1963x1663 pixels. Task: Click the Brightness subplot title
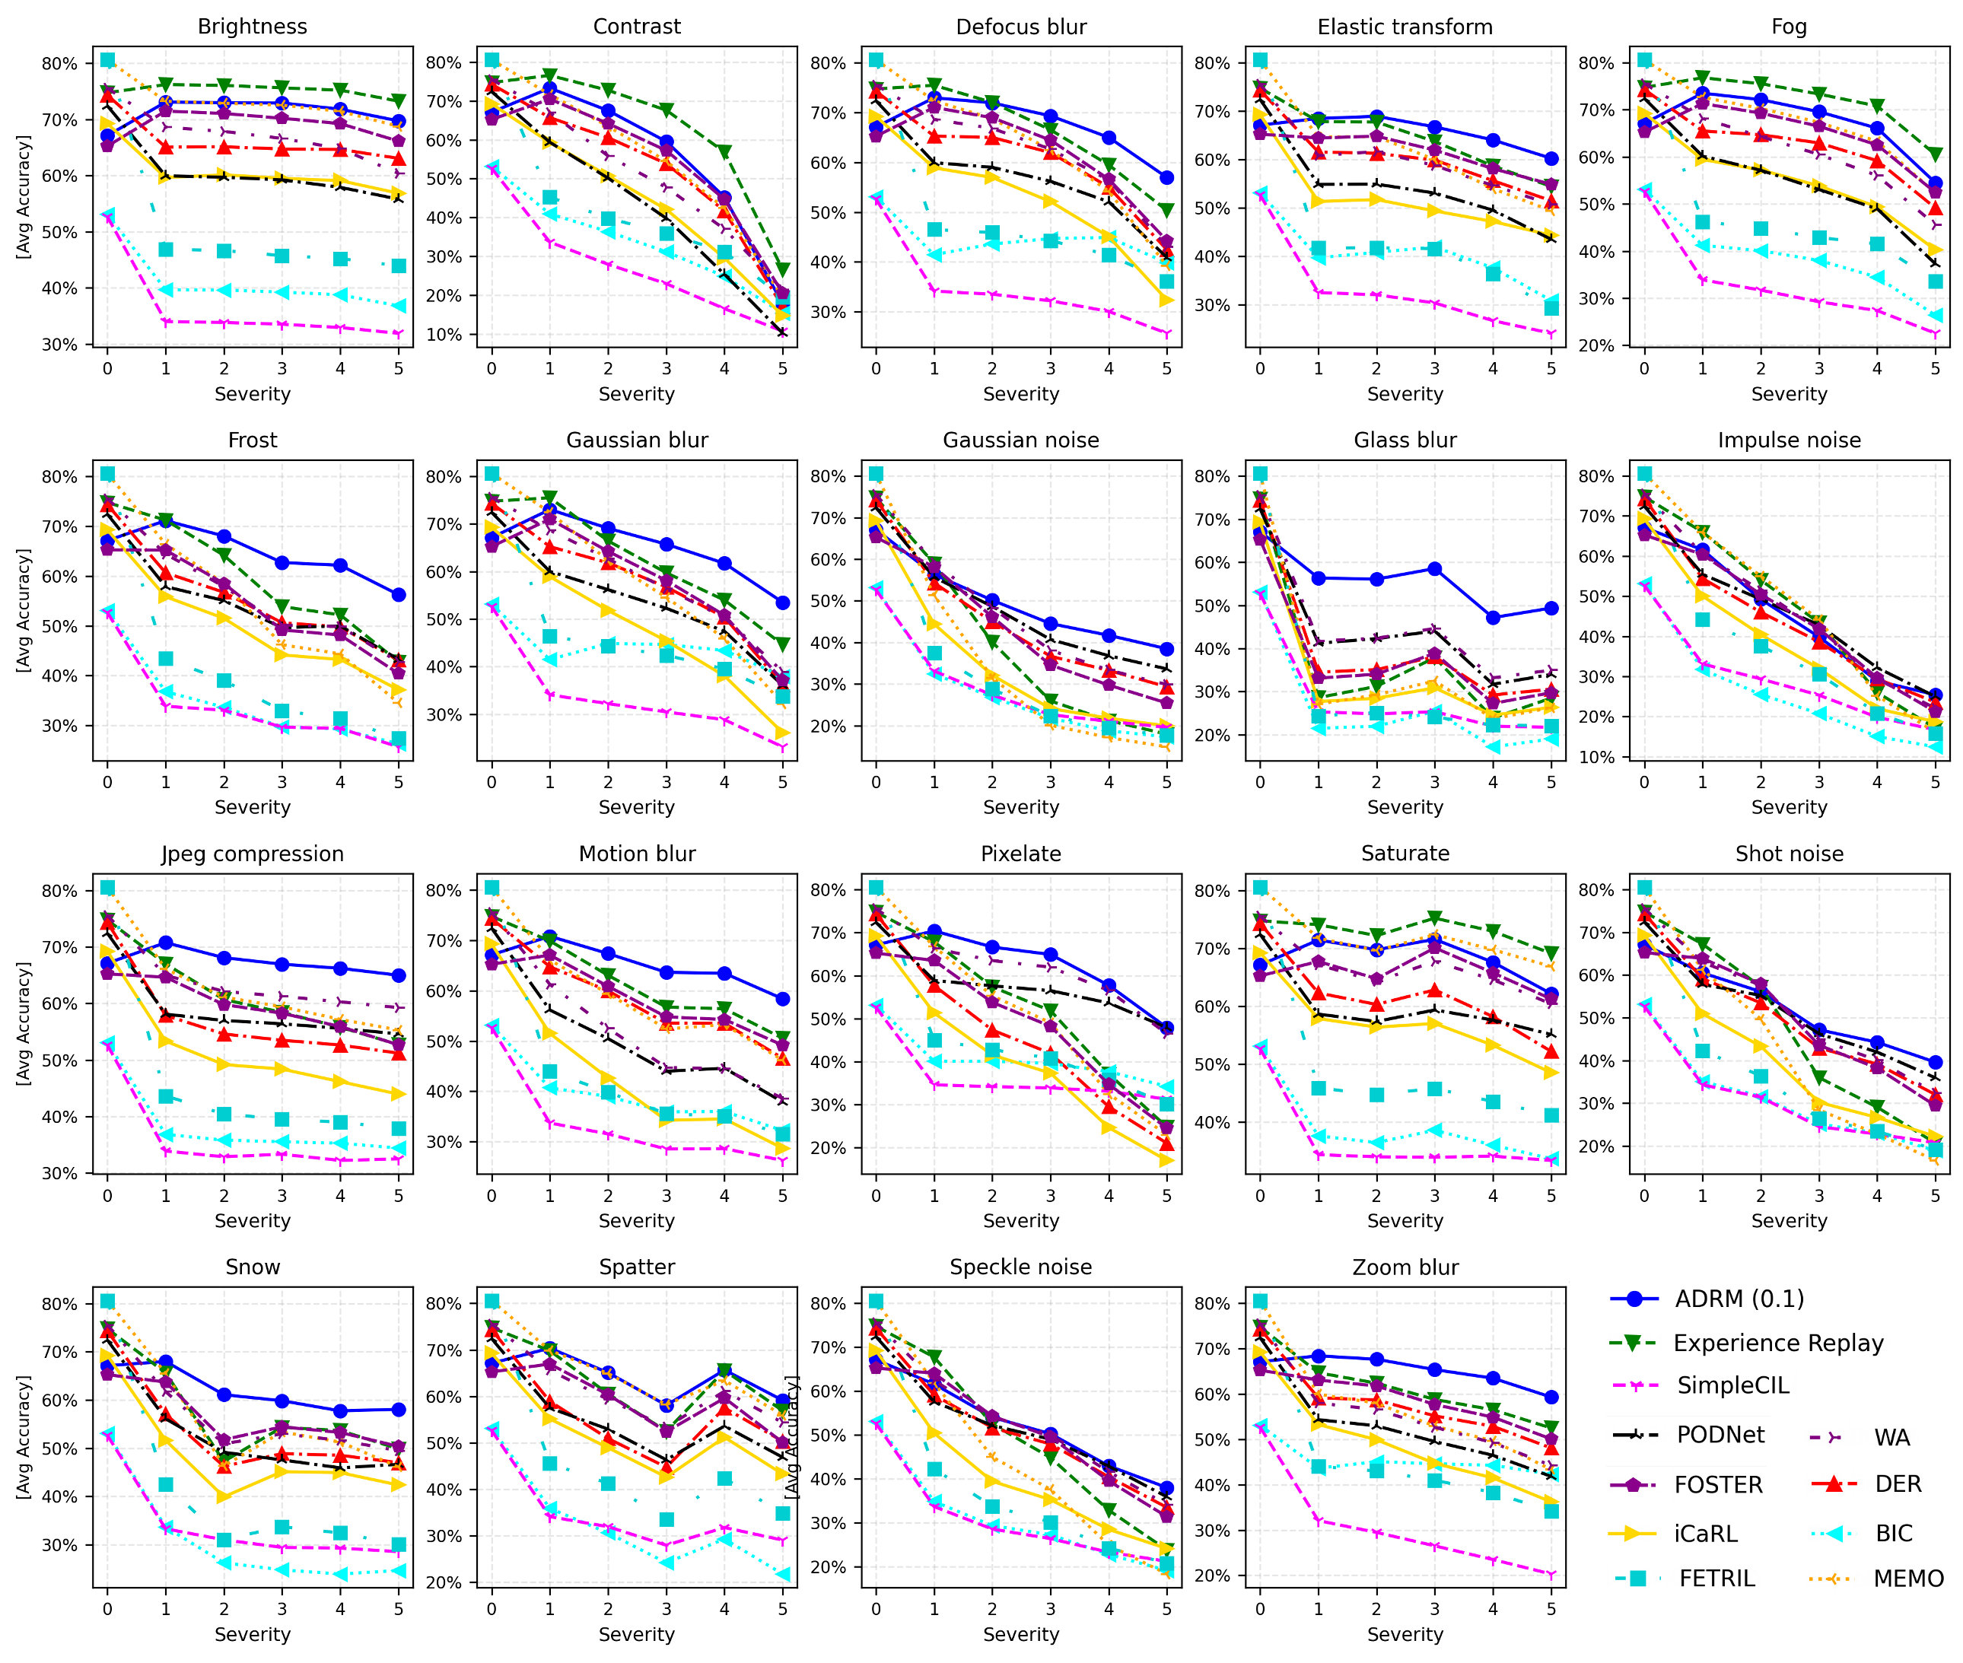pos(252,27)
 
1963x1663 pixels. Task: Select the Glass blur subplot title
pos(1405,440)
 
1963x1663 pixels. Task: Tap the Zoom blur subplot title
pos(1405,1267)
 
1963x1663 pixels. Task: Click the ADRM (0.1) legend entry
pos(1739,1299)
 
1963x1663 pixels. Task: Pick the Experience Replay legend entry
pos(1777,1343)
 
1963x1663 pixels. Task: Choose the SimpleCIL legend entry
pos(1732,1385)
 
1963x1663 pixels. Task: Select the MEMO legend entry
pos(1907,1578)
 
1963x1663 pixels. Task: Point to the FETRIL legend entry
pos(1716,1578)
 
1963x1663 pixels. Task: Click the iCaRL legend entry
pos(1704,1534)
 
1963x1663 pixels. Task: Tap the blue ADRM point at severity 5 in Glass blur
pos(1551,608)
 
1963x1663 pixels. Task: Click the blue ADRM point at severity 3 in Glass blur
pos(1435,568)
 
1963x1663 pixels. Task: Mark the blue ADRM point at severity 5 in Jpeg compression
pos(399,976)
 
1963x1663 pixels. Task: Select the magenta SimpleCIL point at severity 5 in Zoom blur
pos(1551,1575)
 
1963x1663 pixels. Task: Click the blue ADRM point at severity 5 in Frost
pos(399,595)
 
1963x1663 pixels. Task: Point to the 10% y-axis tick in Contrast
pos(449,335)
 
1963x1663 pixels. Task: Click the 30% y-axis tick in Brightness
pos(59,345)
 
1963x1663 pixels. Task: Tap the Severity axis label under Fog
pos(1789,394)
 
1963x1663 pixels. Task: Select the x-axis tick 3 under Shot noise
pos(1818,1195)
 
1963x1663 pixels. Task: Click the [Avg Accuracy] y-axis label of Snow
pos(24,1437)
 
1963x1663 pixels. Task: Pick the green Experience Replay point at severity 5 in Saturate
pos(1551,953)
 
